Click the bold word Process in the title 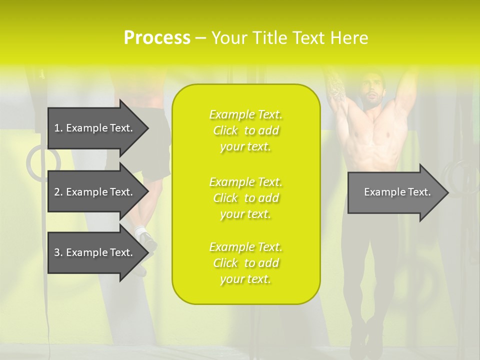point(156,38)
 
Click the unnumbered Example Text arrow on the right point(397,192)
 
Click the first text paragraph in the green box point(245,130)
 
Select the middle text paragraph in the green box point(245,197)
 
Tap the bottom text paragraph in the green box point(245,263)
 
